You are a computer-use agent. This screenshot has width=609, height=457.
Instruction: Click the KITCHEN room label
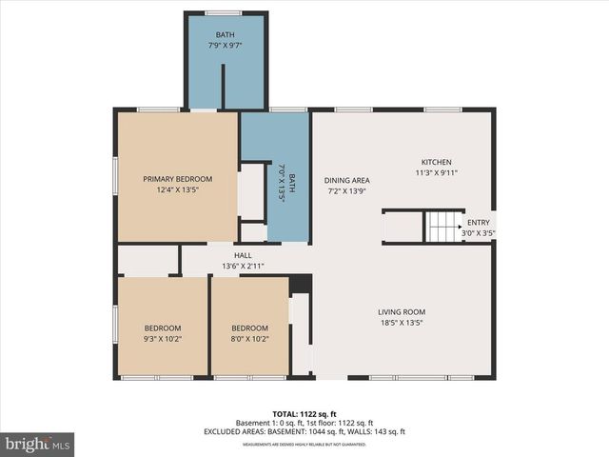click(x=437, y=163)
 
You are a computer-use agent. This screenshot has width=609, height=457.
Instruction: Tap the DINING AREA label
click(x=346, y=180)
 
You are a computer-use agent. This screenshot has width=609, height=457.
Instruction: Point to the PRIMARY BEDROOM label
click(x=178, y=179)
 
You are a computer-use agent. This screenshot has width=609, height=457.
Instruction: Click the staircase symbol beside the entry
click(x=442, y=227)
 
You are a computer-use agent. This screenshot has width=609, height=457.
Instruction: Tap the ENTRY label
click(x=478, y=223)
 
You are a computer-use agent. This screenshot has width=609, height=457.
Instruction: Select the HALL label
click(x=243, y=256)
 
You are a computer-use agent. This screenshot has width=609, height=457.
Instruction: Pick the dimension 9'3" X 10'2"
click(x=162, y=337)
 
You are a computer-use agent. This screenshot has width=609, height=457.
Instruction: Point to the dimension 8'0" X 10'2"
click(x=249, y=337)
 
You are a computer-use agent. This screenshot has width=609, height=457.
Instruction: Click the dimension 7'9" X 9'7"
click(x=225, y=46)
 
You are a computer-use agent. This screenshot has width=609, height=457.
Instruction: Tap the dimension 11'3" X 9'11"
click(x=437, y=173)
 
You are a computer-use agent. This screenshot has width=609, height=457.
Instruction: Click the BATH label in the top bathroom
click(x=225, y=35)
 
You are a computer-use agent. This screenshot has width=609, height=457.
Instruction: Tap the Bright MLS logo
click(x=38, y=444)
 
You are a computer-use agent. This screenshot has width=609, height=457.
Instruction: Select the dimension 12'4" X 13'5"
click(x=178, y=189)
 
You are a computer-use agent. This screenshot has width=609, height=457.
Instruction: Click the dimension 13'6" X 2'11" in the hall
click(x=243, y=267)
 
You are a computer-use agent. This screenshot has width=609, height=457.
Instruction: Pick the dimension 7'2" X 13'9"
click(x=346, y=190)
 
